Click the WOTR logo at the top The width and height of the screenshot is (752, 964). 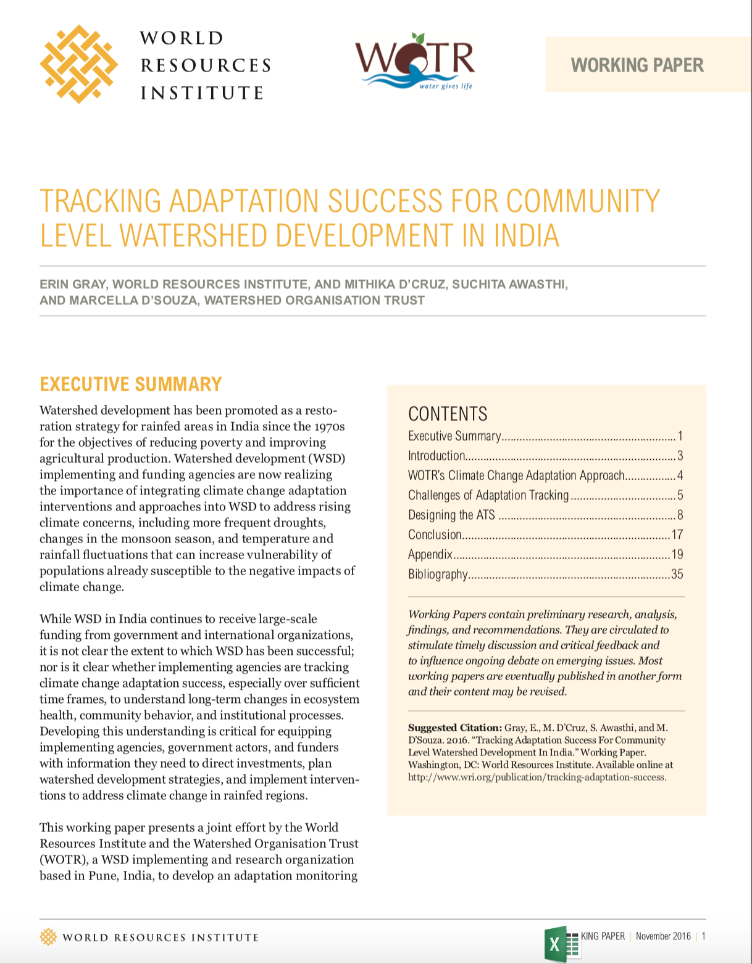point(415,62)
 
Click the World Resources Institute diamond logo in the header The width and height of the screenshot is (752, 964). point(79,64)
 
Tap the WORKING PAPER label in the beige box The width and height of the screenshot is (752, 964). point(637,65)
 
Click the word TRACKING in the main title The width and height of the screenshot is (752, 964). point(100,202)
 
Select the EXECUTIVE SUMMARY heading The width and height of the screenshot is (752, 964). point(130,384)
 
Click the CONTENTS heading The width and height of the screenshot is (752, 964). point(448,413)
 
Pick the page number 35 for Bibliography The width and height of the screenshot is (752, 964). point(677,575)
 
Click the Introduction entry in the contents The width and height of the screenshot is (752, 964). point(437,456)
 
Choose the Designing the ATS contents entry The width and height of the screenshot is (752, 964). point(451,515)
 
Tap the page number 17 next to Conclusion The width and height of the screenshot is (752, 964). point(677,535)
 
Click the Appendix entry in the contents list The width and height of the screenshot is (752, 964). point(430,555)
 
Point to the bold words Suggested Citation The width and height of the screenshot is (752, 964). point(454,728)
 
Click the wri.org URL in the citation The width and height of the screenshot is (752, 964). point(537,777)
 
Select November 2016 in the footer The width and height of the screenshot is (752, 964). point(663,936)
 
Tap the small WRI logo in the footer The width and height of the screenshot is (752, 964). point(48,937)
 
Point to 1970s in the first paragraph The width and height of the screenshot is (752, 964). point(329,426)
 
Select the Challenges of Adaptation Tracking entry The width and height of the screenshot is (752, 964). point(488,496)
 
